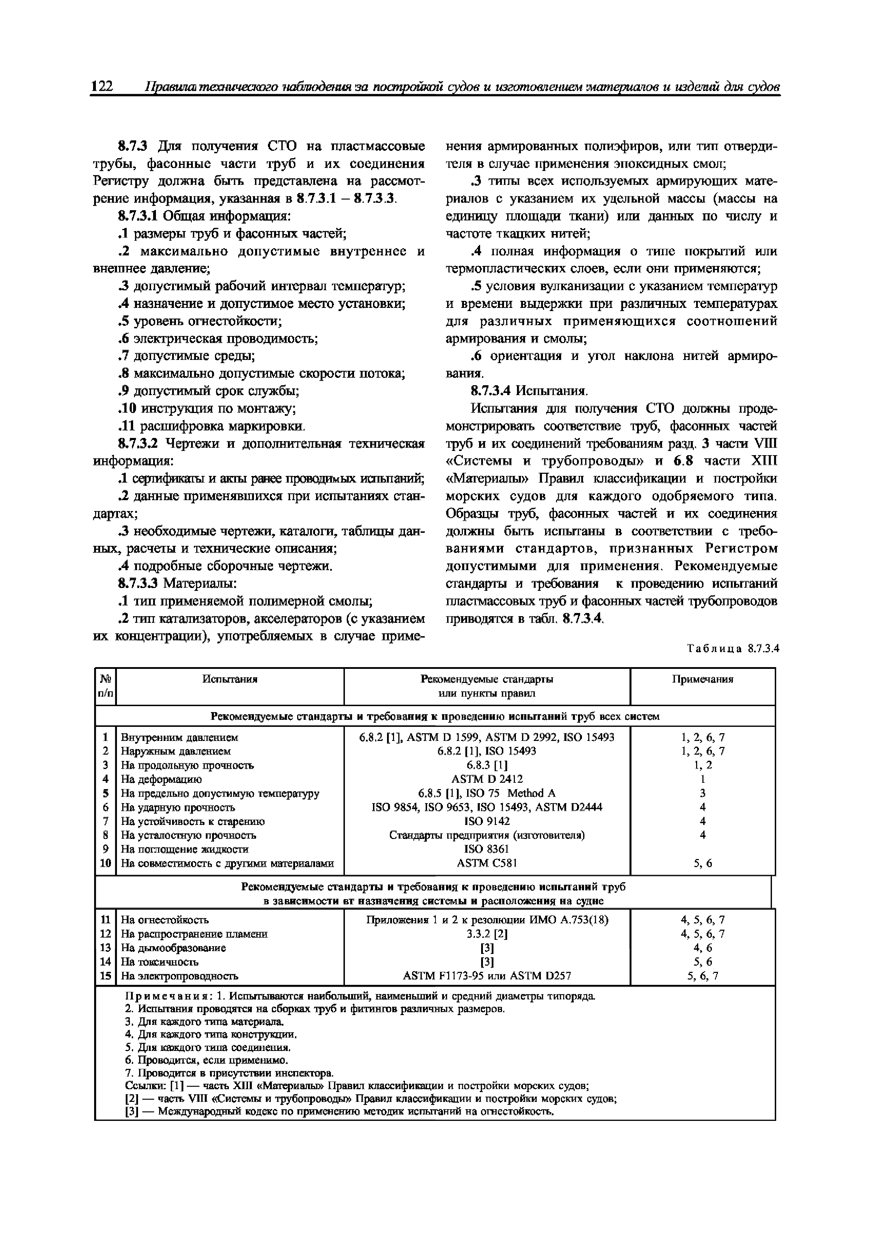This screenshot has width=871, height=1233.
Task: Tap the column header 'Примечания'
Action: tap(702, 679)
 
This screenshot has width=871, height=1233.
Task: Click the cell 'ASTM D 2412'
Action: tap(487, 779)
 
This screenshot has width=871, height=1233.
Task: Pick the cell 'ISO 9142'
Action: tap(487, 821)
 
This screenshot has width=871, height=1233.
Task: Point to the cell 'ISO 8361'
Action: tap(487, 849)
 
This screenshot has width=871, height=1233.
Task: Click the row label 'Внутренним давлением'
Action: tap(179, 737)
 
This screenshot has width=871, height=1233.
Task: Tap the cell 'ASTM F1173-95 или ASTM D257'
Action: tap(487, 976)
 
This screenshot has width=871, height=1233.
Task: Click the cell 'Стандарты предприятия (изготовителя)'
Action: tap(487, 835)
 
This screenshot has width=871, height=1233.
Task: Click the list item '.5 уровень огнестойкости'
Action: tap(199, 321)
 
